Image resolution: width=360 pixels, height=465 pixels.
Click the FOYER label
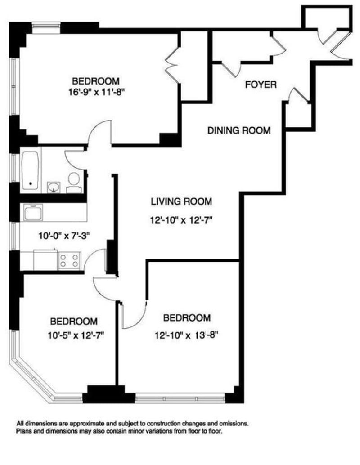tap(261, 85)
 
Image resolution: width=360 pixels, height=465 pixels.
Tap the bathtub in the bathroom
tap(31, 170)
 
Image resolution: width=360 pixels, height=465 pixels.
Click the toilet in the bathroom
tap(73, 181)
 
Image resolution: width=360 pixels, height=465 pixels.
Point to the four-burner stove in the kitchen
tap(69, 260)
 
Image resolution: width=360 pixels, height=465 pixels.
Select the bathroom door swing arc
tap(74, 159)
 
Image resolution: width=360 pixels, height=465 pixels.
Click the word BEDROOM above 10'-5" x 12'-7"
tap(73, 322)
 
